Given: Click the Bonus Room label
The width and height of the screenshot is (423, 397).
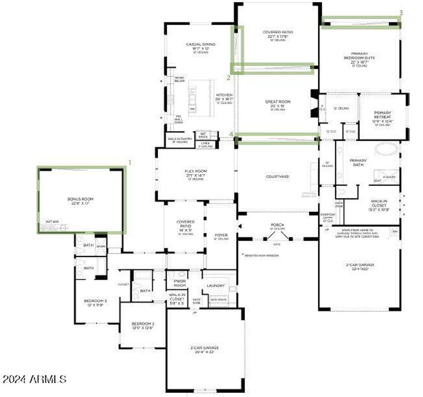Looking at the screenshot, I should (x=81, y=199).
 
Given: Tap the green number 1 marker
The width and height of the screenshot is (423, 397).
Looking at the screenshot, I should (x=130, y=163).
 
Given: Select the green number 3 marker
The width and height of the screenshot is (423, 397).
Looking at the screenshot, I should (x=401, y=13).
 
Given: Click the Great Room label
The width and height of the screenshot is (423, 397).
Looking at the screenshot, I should (x=278, y=102).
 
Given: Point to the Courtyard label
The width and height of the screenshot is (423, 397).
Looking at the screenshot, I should (x=277, y=177).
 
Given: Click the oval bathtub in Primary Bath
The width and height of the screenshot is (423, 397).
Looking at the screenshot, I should (x=387, y=149).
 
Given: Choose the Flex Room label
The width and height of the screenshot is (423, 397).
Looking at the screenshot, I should (x=195, y=171).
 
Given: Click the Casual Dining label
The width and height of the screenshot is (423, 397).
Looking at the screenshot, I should (x=201, y=45).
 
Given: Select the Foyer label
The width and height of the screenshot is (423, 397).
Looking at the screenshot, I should (x=221, y=235).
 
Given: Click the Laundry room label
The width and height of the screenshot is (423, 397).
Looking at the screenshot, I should (x=216, y=286).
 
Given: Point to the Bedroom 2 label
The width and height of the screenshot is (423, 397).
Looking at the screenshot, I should (x=143, y=323).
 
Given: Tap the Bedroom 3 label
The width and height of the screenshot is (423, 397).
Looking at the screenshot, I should (x=96, y=300).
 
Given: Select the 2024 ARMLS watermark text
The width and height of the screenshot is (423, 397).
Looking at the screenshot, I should (x=34, y=378).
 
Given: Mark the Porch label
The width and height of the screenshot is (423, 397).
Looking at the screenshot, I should (x=277, y=225).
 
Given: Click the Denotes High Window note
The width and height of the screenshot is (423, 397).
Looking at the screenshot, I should (x=262, y=256).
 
